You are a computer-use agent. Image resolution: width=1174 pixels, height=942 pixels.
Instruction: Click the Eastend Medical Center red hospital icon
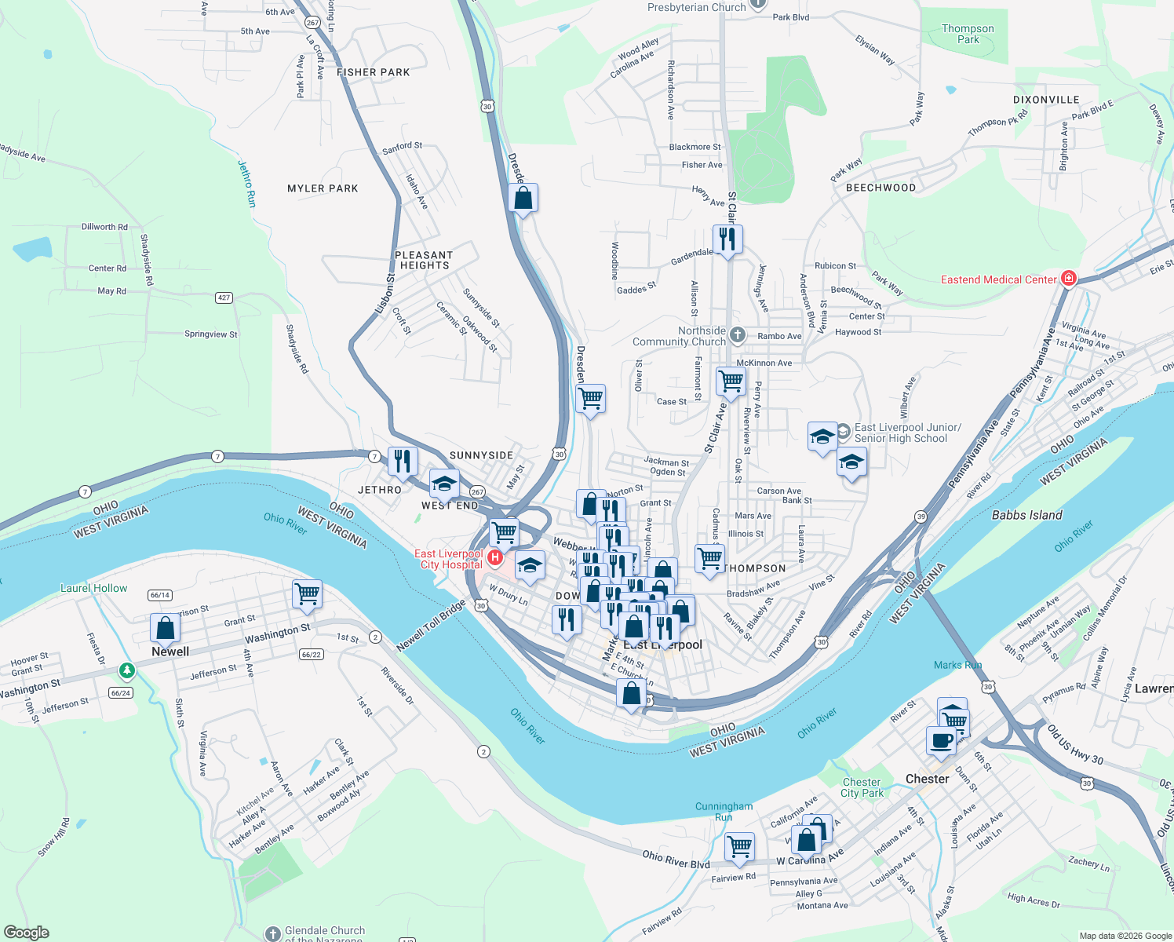tap(1068, 278)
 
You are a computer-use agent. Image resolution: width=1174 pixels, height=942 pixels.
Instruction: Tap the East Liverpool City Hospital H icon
tap(495, 557)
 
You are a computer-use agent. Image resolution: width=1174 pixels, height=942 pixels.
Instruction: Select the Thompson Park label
tap(968, 34)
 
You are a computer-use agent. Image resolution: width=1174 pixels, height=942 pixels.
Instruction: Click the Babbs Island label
tap(1026, 515)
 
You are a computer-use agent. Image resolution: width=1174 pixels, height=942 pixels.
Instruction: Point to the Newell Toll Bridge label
tap(431, 626)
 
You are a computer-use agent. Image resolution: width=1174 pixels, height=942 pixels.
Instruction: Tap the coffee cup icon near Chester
tap(941, 739)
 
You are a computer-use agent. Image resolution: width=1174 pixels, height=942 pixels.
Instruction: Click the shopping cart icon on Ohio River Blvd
tap(739, 845)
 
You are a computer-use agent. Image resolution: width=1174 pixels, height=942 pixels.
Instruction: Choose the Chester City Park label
tap(862, 787)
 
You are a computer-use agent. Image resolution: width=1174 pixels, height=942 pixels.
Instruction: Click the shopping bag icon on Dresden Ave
tap(523, 198)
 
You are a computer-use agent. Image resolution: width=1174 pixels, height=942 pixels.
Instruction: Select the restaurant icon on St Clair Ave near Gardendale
tap(727, 238)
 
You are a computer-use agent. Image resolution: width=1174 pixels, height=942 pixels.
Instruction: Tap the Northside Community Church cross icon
tap(737, 335)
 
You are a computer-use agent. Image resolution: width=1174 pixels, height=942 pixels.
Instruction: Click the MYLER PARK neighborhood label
tap(323, 188)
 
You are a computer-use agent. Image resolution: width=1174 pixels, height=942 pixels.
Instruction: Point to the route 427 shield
tap(224, 298)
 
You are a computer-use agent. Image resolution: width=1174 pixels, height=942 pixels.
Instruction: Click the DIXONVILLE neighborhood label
tap(1046, 100)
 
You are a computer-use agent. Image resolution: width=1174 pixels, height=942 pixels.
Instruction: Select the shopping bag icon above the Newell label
tap(165, 627)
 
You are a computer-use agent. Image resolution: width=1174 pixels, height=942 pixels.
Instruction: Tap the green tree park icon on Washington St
tap(126, 670)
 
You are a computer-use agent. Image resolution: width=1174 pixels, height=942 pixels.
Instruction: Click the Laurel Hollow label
tap(93, 588)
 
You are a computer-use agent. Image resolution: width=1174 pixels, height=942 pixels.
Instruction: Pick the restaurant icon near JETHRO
tap(403, 461)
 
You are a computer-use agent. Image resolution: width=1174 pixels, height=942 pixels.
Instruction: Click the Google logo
tap(26, 932)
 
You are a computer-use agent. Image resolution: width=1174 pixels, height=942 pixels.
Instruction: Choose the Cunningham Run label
tap(724, 812)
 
